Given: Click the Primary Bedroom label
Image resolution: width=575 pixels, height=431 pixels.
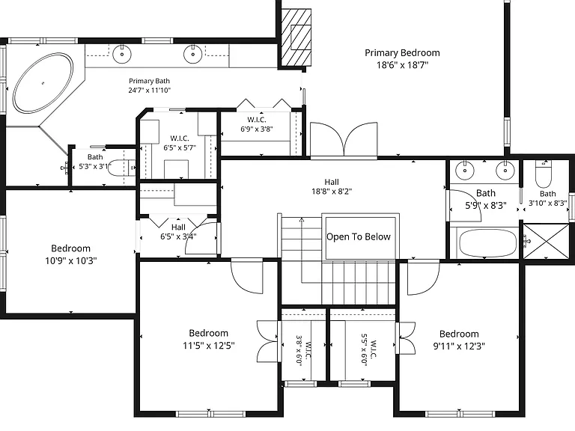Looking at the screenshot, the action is point(402,53).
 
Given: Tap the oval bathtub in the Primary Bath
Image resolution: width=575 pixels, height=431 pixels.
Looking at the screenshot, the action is point(43,83).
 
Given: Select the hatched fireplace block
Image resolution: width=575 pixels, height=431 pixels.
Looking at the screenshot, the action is point(296,37).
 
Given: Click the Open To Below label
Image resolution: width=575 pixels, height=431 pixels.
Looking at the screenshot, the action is point(359,236).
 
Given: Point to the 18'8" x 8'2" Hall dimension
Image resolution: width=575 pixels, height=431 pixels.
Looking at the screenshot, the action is point(332,192).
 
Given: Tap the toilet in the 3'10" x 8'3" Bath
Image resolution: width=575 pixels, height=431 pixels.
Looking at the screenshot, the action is point(544,174).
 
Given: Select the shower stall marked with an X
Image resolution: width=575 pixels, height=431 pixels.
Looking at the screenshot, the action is point(547,241).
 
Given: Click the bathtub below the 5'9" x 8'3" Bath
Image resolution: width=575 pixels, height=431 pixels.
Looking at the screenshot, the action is point(487,243).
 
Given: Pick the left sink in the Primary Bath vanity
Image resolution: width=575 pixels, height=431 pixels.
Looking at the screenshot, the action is point(122,54).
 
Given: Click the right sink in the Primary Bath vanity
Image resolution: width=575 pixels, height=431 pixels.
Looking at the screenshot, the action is point(193,54).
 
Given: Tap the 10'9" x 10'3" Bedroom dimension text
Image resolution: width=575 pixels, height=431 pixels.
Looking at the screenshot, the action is point(71,261).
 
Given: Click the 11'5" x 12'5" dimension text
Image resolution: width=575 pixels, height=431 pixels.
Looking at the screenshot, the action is point(209,346).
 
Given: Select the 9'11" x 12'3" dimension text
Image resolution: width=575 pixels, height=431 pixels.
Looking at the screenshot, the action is point(459,346).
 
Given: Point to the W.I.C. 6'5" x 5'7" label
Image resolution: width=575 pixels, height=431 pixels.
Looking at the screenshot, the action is point(180,143).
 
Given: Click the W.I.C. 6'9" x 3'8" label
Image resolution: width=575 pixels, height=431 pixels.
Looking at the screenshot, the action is point(257,124).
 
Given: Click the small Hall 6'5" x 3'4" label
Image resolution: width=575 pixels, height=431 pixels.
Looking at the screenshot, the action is point(178,232).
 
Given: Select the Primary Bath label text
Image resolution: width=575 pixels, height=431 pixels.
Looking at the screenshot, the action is point(149,81).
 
